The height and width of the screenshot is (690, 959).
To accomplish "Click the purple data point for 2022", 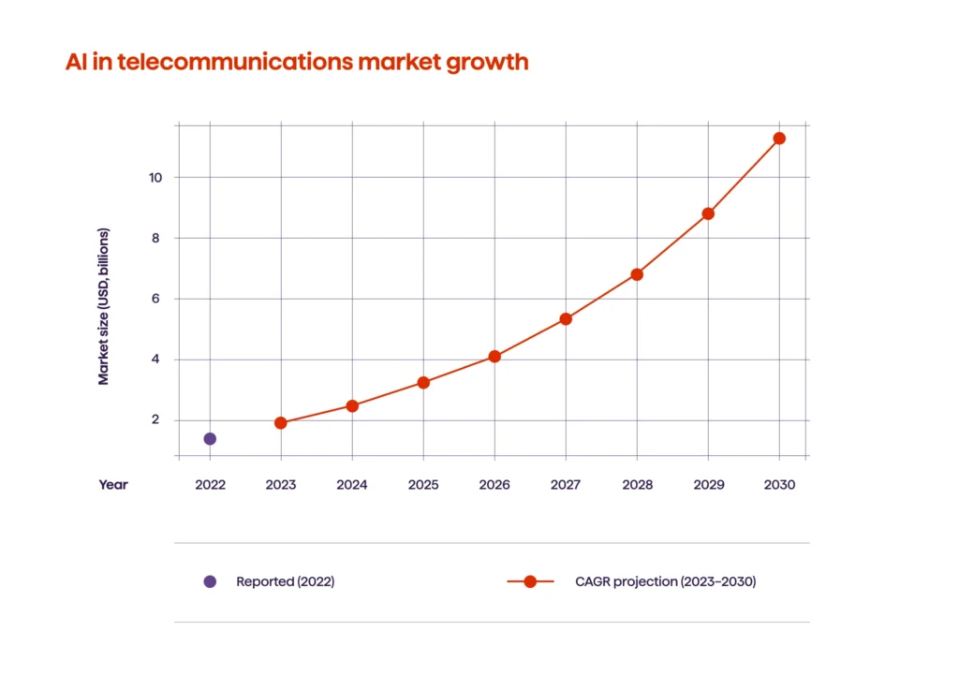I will point(210,438).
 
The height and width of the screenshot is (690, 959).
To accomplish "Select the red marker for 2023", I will point(281,423).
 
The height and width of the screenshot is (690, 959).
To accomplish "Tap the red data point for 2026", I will point(494,357).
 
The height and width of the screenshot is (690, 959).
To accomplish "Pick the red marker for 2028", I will point(637,274).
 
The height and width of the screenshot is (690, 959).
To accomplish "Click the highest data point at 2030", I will point(779,139).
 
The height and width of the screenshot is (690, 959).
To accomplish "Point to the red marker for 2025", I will point(423,382).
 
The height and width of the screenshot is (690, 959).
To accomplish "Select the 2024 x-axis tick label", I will point(352,485).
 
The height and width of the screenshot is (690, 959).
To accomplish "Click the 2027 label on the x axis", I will point(566,485).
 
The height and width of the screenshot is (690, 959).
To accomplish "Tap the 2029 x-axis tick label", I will point(708,485).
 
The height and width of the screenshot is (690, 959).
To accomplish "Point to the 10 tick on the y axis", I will point(155,177).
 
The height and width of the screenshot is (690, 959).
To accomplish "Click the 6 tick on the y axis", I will point(155,299).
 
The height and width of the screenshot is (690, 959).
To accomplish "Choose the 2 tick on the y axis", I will point(155,420).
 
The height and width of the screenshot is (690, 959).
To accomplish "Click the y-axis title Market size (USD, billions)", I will point(104,306).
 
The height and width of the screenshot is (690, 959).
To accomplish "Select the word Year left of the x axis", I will point(113,485).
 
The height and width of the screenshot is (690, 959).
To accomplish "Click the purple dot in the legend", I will point(210,581).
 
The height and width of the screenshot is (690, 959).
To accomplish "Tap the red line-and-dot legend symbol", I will point(530,581).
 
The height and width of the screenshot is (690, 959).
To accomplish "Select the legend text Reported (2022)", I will point(285,581).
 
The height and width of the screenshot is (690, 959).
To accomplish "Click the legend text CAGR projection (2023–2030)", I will point(665,581).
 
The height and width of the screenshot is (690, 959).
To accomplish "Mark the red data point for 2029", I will point(708,213).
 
